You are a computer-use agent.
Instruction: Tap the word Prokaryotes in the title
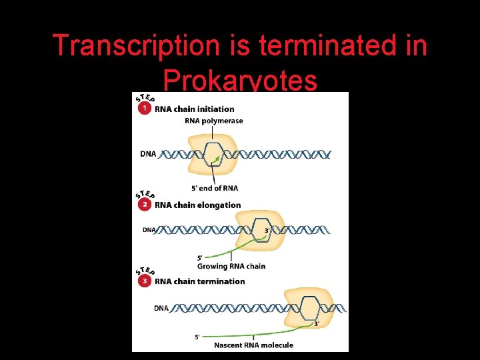(240, 81)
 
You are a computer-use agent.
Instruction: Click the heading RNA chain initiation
(195, 109)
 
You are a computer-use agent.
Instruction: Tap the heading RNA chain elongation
(198, 205)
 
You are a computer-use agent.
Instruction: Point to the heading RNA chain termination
(200, 281)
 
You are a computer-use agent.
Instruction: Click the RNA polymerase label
(214, 121)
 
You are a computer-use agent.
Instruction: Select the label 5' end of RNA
(214, 188)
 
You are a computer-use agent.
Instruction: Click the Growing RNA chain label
(231, 266)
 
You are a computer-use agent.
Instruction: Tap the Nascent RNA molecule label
(253, 345)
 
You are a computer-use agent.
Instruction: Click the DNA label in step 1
(148, 154)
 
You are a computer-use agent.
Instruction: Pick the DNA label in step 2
(149, 230)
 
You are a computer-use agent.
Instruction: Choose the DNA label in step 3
(161, 308)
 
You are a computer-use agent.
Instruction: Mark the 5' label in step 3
(197, 337)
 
